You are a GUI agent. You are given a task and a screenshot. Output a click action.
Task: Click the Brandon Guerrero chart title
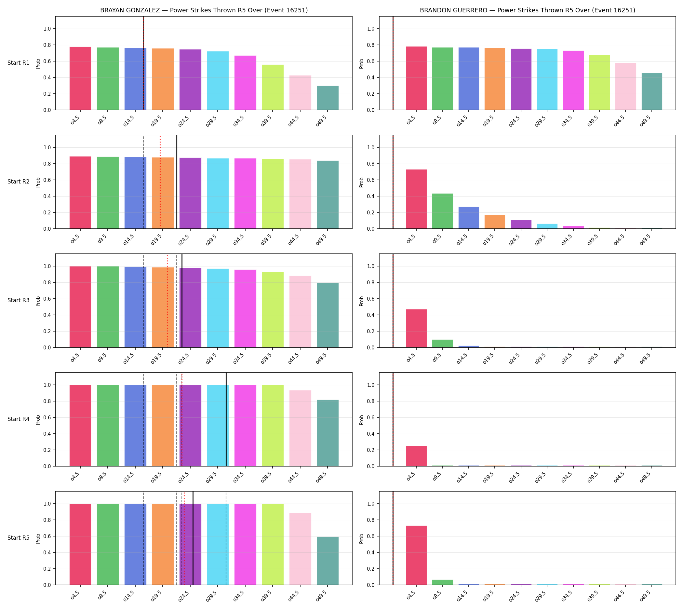point(527,10)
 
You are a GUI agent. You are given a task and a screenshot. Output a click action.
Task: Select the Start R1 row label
point(19,63)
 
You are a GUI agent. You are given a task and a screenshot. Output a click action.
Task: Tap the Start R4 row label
point(19,419)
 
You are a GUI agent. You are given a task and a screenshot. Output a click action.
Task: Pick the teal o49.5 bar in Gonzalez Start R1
point(328,98)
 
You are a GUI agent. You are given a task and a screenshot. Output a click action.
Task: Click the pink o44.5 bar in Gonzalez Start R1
point(300,92)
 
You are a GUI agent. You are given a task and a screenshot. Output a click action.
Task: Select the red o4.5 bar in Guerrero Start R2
point(416,199)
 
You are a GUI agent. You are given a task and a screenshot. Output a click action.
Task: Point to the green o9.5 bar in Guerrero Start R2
point(442,211)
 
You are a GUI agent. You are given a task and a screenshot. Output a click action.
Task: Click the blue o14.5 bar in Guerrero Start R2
point(469,218)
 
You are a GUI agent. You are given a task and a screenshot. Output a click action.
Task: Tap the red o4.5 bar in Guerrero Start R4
point(416,456)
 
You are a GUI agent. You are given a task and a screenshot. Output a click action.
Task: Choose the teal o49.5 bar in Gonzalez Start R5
point(328,561)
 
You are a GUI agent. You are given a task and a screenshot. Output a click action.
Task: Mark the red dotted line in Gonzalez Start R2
point(160,182)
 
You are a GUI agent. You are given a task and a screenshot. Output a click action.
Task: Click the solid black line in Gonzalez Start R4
point(226,419)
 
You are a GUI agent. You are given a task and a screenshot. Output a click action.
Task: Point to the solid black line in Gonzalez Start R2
point(177,182)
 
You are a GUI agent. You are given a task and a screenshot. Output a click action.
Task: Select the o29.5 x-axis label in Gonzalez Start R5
point(212,595)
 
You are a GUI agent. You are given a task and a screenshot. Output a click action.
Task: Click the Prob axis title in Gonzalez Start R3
point(38,301)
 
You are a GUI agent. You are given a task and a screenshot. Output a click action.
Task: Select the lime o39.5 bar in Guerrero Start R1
point(599,82)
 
